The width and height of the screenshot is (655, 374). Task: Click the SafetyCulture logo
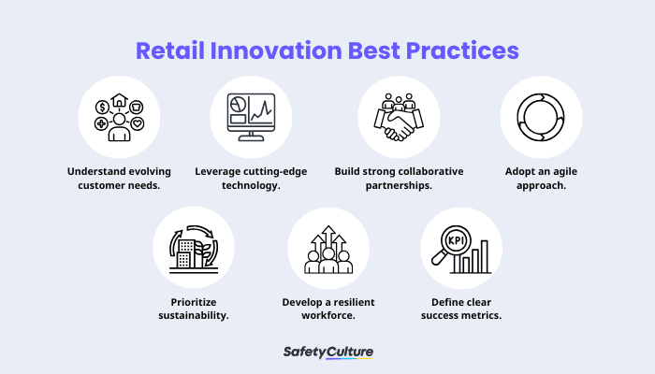coord(327,352)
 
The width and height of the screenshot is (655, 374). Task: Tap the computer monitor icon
coord(250,117)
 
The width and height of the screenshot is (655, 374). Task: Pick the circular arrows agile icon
coord(541,117)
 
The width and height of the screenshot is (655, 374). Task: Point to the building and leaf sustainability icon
coord(194,248)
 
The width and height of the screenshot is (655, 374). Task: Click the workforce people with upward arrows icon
coord(327,249)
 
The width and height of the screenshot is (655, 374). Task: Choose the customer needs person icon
coord(119,117)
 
